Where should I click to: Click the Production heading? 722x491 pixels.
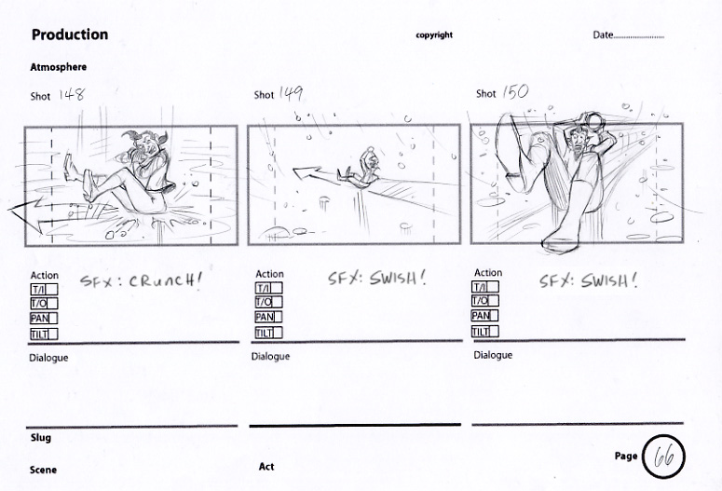tap(70, 34)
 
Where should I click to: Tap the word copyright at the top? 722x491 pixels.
tap(434, 35)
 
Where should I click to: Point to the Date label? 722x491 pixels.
tap(603, 35)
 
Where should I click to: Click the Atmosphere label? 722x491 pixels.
tap(58, 67)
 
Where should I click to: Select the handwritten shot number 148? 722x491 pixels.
tap(72, 94)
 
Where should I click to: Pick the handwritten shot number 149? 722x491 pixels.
tap(291, 93)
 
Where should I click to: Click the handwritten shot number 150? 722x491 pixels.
tap(515, 92)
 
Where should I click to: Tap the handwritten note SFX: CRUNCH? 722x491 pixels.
tap(141, 280)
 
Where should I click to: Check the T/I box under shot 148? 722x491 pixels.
tap(44, 289)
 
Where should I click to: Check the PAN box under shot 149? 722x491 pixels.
tap(269, 317)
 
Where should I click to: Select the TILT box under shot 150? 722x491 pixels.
tap(484, 331)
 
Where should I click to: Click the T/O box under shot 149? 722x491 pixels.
tap(269, 302)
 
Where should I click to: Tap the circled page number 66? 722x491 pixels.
tap(663, 457)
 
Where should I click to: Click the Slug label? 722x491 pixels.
tap(40, 438)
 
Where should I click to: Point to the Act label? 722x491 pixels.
tap(266, 467)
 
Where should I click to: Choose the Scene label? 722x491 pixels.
tap(43, 470)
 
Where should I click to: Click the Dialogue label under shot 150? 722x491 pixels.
tap(493, 355)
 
